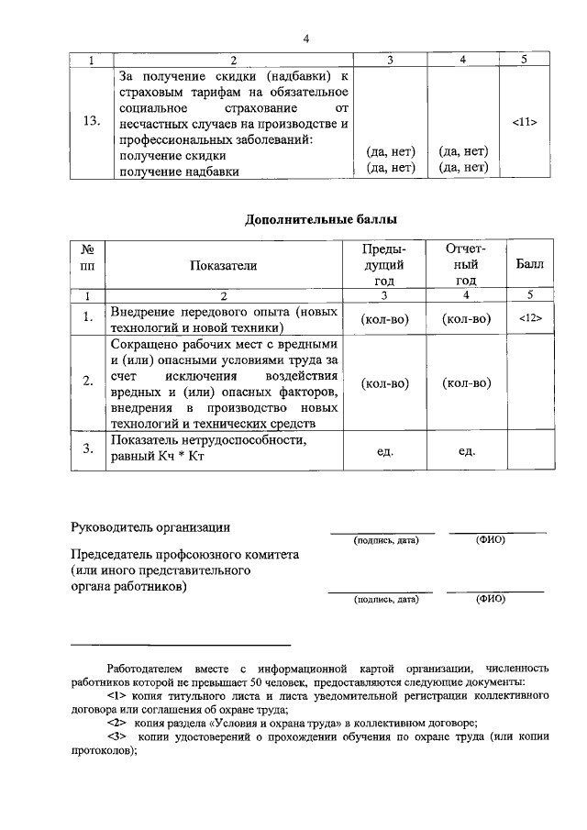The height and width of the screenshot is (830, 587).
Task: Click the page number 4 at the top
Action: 306,39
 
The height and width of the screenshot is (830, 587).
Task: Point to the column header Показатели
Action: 224,265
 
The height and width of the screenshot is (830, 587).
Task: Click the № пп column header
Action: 89,264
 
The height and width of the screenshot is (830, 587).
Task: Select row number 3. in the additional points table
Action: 89,449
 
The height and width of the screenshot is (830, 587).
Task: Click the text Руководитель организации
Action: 151,526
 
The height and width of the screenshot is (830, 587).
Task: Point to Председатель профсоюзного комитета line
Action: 185,555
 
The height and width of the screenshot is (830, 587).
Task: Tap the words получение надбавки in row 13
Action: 181,172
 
